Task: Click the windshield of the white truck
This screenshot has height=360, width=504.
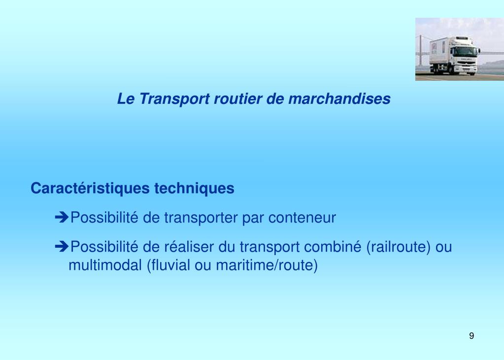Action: click(x=465, y=51)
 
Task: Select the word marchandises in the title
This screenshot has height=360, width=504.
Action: click(x=339, y=99)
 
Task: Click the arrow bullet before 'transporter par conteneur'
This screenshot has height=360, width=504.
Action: click(x=62, y=218)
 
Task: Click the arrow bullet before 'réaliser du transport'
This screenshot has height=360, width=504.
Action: click(x=62, y=247)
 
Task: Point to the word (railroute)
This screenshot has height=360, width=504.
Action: click(x=399, y=247)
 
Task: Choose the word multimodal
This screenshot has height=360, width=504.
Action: click(x=105, y=265)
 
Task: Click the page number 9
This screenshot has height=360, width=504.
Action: click(x=471, y=336)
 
